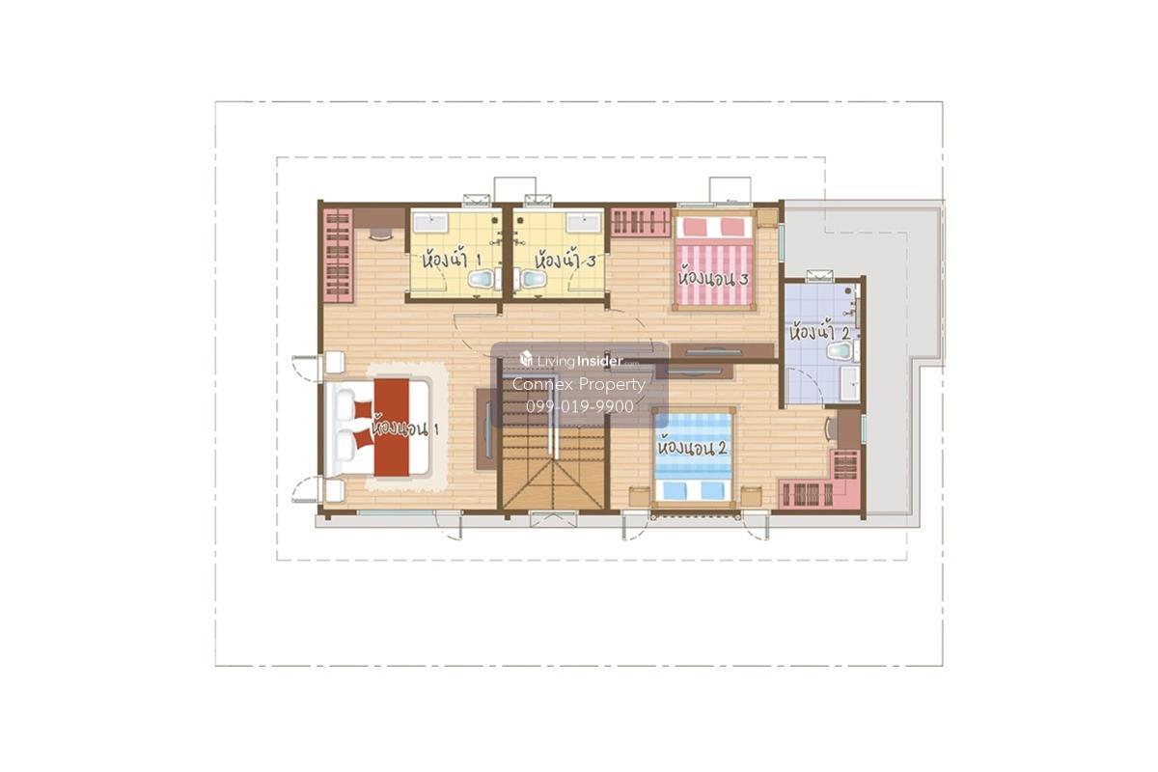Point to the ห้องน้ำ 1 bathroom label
click(x=452, y=258)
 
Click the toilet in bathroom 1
click(x=481, y=279)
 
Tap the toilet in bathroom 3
click(x=533, y=279)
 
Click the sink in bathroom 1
click(x=430, y=223)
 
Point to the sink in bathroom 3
click(x=584, y=223)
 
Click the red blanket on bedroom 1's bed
click(x=392, y=427)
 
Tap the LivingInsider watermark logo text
click(x=578, y=360)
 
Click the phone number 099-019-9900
click(x=580, y=407)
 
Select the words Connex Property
click(x=578, y=384)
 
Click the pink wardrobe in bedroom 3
click(x=640, y=222)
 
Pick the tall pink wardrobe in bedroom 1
click(x=338, y=256)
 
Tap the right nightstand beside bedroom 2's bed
click(x=751, y=496)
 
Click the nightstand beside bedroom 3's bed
click(x=767, y=218)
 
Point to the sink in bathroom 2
click(x=849, y=384)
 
